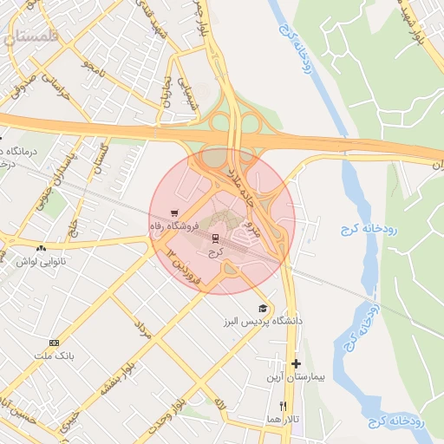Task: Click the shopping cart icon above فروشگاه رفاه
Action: [x=175, y=212]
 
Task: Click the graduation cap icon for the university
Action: [x=263, y=309]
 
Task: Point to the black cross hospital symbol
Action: [x=297, y=364]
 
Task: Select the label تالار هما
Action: [x=283, y=419]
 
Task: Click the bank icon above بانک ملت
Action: [x=55, y=343]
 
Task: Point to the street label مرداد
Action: [x=142, y=329]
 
